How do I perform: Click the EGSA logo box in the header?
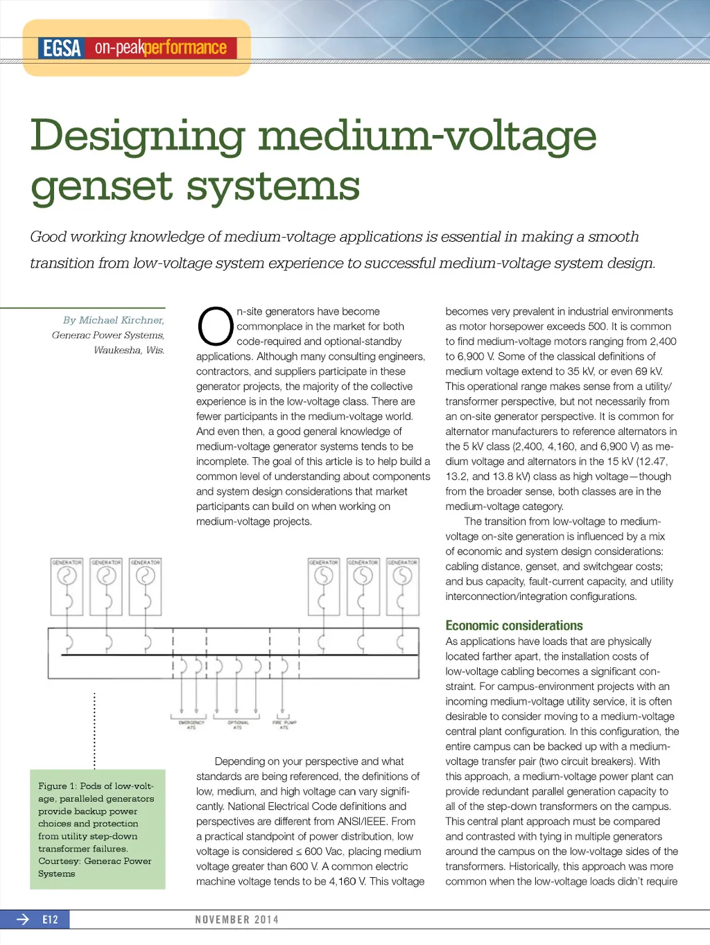[x=62, y=48]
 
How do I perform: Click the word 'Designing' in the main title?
[x=137, y=136]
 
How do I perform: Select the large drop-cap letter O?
[x=215, y=326]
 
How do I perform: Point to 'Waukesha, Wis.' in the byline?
[x=129, y=350]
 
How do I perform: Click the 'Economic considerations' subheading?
[x=514, y=626]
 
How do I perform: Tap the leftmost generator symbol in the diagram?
[x=67, y=576]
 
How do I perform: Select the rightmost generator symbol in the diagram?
[x=403, y=576]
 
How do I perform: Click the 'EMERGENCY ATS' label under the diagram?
[x=191, y=725]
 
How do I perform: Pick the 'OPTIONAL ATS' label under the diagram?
[x=237, y=725]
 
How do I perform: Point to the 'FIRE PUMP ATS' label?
[x=284, y=725]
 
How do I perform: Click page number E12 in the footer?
[x=50, y=919]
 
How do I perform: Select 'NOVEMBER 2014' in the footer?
[x=236, y=919]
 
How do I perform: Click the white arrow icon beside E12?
[x=23, y=919]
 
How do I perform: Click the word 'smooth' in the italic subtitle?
[x=613, y=237]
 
